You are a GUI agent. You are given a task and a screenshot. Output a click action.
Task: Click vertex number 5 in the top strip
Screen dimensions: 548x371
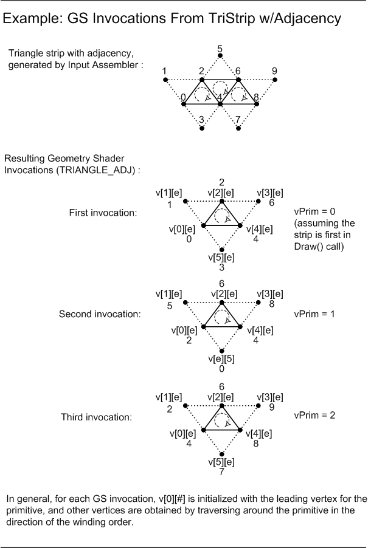(x=220, y=48)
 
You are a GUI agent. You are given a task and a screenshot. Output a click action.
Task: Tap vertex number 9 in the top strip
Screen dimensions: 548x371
(x=274, y=70)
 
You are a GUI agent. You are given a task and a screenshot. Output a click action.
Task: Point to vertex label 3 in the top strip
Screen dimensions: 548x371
(x=201, y=119)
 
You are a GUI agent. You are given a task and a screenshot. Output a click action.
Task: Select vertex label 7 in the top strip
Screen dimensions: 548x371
(x=238, y=119)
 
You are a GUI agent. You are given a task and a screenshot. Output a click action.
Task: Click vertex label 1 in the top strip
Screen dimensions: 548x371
(x=165, y=70)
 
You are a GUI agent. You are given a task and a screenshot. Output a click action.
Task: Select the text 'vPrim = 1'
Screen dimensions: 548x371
(x=314, y=315)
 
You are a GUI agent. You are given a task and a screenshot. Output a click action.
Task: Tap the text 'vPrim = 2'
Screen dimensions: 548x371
(x=314, y=416)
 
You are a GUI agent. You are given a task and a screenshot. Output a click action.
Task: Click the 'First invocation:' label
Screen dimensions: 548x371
(x=103, y=213)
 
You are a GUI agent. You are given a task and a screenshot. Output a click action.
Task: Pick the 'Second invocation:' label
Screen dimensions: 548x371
(x=100, y=315)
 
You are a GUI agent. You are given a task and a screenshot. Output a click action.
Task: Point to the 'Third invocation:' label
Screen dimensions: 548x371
(x=96, y=417)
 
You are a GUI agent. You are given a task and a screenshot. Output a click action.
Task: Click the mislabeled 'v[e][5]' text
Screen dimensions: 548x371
(x=221, y=358)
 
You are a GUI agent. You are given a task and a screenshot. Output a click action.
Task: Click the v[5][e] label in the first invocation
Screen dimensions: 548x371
(x=221, y=257)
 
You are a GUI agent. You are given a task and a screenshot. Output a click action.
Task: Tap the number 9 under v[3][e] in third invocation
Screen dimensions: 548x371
(x=272, y=407)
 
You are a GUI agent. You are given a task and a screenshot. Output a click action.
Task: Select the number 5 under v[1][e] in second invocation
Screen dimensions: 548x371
(x=170, y=306)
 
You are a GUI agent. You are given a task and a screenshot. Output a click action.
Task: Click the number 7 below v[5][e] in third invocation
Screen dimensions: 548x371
(x=222, y=471)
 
